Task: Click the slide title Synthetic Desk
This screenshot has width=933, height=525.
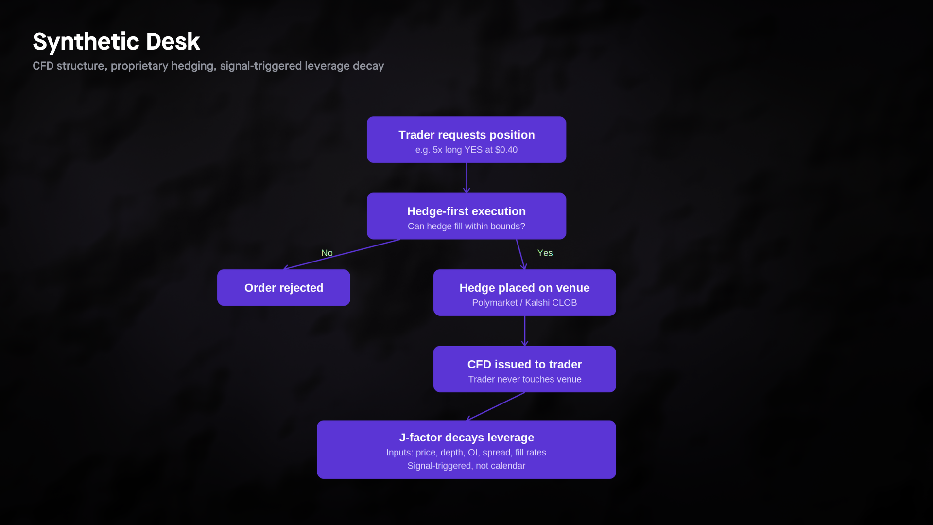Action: pyautogui.click(x=116, y=41)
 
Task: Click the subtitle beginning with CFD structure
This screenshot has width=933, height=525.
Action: pyautogui.click(x=208, y=66)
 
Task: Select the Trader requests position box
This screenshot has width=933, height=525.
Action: pyautogui.click(x=466, y=140)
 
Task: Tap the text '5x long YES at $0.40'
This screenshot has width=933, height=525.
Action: pyautogui.click(x=475, y=150)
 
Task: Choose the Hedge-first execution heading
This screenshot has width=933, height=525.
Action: pyautogui.click(x=466, y=211)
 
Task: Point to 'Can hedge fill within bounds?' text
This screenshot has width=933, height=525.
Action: pyautogui.click(x=466, y=226)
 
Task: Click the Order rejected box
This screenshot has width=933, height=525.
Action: pyautogui.click(x=284, y=288)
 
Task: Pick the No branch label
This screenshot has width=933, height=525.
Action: pyautogui.click(x=327, y=253)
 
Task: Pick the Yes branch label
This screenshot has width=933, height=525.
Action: pyautogui.click(x=545, y=253)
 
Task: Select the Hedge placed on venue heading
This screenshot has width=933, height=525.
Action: pyautogui.click(x=525, y=288)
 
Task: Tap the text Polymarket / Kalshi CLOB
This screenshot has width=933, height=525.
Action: pyautogui.click(x=525, y=302)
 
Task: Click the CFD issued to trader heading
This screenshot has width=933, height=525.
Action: pyautogui.click(x=525, y=364)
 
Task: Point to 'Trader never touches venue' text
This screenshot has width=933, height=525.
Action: pyautogui.click(x=525, y=379)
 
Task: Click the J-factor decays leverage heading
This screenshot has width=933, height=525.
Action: pyautogui.click(x=466, y=437)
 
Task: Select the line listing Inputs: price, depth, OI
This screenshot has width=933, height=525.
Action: pyautogui.click(x=466, y=452)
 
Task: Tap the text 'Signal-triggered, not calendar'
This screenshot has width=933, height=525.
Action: pyautogui.click(x=466, y=466)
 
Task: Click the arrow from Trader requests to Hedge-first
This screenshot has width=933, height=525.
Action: pyautogui.click(x=466, y=178)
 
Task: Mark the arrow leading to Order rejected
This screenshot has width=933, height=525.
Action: pyautogui.click(x=342, y=254)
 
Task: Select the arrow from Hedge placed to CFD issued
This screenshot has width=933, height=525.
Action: pyautogui.click(x=525, y=331)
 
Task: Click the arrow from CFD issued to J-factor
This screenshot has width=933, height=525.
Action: pyautogui.click(x=495, y=406)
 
